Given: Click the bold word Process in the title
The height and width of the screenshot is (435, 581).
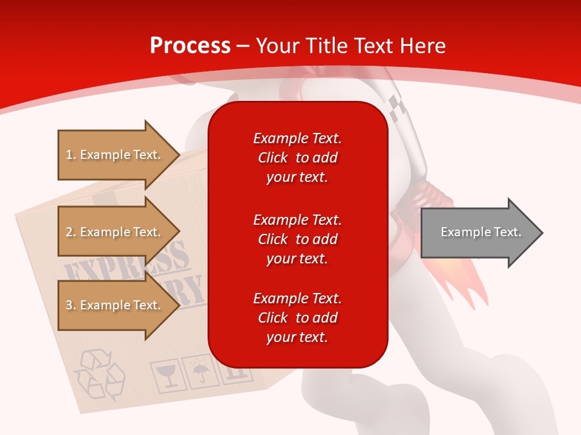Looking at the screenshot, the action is pos(190,46).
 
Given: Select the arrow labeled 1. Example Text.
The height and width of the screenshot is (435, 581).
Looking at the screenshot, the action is pos(115,155).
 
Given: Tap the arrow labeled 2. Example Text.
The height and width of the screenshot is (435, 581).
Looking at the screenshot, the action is pos(115,232).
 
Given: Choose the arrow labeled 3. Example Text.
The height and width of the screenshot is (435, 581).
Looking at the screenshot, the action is pos(115,305).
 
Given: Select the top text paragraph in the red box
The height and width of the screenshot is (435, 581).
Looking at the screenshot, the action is pos(297,158).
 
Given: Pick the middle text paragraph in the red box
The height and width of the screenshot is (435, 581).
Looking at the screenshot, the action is pos(297,239).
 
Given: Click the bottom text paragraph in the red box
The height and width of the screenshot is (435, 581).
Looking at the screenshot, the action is pos(297,318).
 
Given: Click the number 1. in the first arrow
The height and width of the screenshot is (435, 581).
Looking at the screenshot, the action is pos(71,155).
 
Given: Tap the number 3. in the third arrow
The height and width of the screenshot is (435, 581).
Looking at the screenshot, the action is pos(71,306).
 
